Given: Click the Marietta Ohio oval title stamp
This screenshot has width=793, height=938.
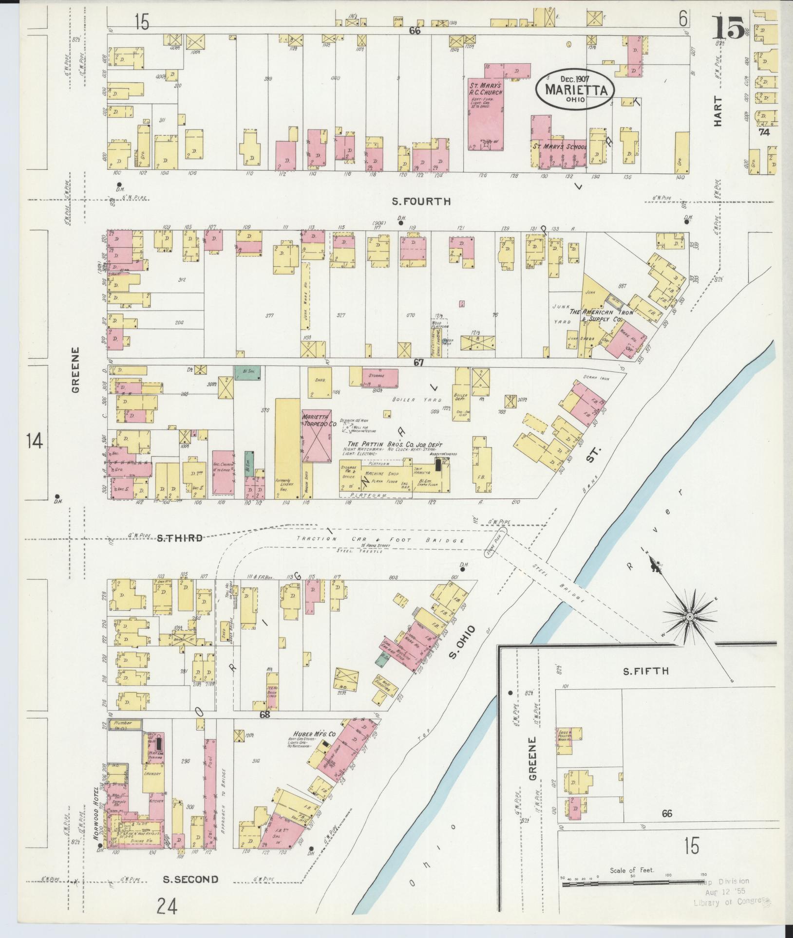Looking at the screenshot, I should (575, 89).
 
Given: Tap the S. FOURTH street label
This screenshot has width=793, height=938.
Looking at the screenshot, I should (422, 201).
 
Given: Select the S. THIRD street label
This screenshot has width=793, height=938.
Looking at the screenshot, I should (180, 537).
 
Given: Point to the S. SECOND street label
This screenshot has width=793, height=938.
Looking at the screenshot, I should (190, 879).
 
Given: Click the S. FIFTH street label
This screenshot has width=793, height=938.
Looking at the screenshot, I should (646, 671).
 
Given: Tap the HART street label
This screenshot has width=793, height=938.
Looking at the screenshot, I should (717, 111).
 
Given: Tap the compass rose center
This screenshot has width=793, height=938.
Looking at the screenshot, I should (690, 617).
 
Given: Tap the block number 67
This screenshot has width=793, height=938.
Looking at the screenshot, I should (419, 362).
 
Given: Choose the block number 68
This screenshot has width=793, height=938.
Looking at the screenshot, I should (265, 715).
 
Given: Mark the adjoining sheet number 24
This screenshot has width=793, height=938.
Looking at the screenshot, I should (167, 906).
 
